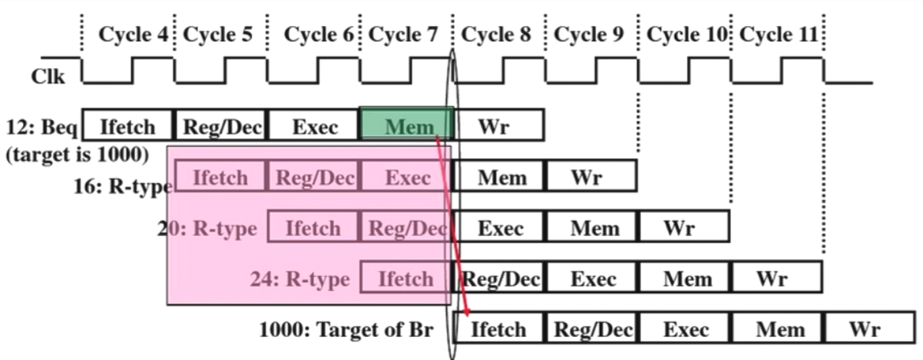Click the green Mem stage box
click(407, 125)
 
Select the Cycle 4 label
click(135, 34)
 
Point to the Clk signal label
click(48, 77)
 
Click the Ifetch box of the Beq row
click(128, 125)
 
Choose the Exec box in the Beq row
click(313, 125)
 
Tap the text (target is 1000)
click(77, 154)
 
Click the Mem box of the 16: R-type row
click(501, 177)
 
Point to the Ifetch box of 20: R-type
click(313, 228)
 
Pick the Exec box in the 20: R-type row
click(501, 228)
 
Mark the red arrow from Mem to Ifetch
click(452, 229)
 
